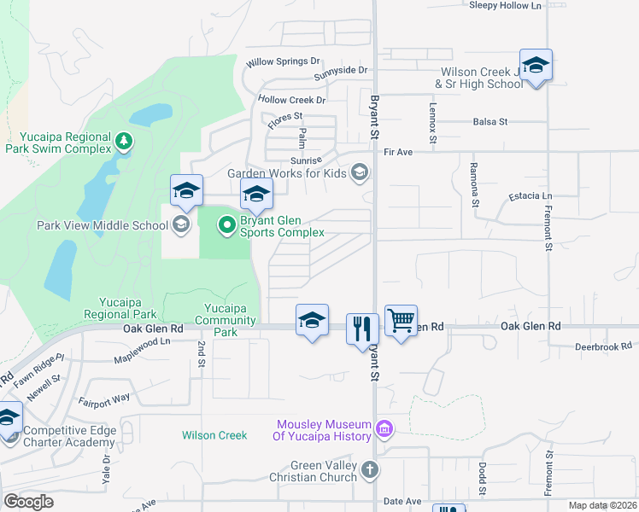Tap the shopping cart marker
401,322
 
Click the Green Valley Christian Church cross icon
369,469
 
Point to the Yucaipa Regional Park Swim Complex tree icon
125,140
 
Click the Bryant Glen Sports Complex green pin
226,225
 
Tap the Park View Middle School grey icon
180,225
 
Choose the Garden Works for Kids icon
360,172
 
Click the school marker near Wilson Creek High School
536,66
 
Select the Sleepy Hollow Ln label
506,5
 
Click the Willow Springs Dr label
283,62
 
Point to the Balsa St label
490,122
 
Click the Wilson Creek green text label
214,435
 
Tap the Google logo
28,502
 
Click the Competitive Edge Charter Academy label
69,436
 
